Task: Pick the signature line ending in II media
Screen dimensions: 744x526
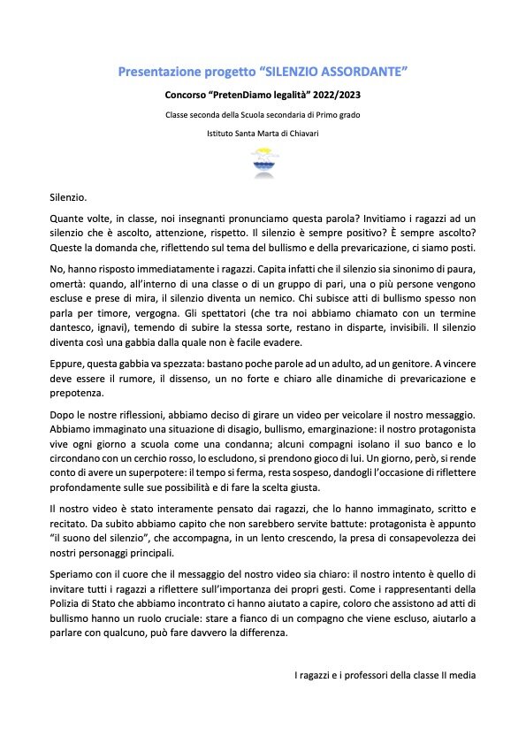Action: point(385,676)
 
